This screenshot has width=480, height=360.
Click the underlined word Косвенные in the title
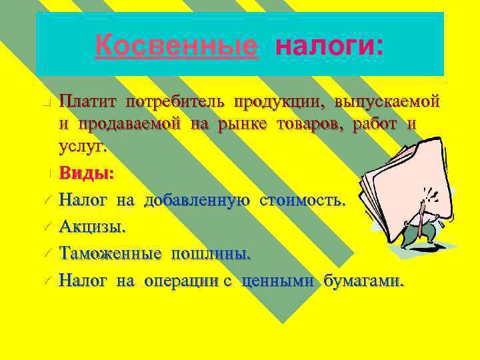[176, 46]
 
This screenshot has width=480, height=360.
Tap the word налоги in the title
[329, 46]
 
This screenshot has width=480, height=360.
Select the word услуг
[83, 146]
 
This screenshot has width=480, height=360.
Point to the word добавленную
[197, 200]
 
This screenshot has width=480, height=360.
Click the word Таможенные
[110, 253]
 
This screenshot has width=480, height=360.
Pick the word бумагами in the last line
[363, 281]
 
